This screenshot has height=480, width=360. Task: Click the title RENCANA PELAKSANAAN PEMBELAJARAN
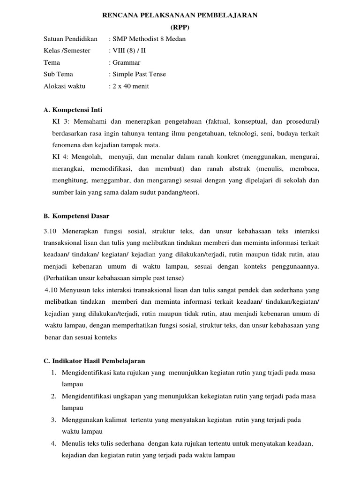180,15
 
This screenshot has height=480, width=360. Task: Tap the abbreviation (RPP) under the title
180,27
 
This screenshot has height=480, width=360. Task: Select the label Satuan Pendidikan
70,39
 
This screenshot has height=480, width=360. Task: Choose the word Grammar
126,62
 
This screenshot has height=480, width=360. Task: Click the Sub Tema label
58,74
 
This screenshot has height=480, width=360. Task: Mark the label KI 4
60,157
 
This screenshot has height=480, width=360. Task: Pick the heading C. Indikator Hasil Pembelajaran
94,361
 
